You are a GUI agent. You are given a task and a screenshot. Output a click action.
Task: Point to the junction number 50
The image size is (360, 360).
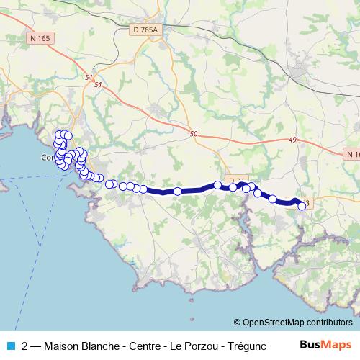point(193,133)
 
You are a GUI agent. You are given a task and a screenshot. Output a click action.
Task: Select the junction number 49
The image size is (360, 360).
point(292,140)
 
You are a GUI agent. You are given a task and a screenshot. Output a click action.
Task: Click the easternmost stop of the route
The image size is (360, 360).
point(302,206)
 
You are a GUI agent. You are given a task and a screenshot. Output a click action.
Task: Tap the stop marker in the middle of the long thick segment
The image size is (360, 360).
point(178,192)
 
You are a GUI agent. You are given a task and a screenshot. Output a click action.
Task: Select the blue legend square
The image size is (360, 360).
point(9,344)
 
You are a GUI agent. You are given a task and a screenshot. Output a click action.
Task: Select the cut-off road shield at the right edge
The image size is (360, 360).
point(353,154)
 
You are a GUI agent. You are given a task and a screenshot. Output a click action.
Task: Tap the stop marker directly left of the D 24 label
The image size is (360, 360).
point(218,185)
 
